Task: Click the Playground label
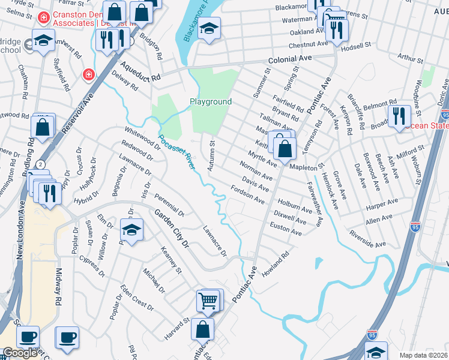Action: click(x=211, y=101)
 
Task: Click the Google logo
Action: click(x=20, y=353)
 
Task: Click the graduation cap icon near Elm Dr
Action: click(x=132, y=230)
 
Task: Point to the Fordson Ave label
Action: click(x=248, y=194)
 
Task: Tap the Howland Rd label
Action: click(x=276, y=263)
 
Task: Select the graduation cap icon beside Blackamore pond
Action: click(x=209, y=29)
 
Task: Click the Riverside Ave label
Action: click(x=368, y=239)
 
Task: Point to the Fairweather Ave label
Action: click(x=315, y=205)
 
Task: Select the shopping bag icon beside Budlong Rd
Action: click(x=43, y=127)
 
